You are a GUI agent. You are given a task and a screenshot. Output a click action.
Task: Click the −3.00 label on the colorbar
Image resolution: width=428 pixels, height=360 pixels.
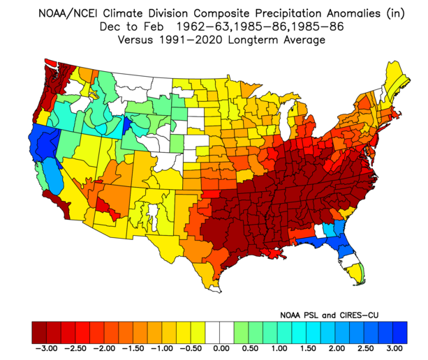(x=45, y=347)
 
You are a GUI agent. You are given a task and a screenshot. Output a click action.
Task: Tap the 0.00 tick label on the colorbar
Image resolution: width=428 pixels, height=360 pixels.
(x=220, y=347)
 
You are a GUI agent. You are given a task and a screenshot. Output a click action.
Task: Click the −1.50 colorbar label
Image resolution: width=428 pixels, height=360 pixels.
(x=133, y=347)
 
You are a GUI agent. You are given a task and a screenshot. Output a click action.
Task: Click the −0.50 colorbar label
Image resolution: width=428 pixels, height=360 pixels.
(x=191, y=347)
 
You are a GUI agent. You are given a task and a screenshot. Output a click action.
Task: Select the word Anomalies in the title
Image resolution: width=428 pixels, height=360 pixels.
(x=334, y=12)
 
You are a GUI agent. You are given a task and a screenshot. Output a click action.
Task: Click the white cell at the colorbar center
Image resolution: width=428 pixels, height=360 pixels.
(x=220, y=329)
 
